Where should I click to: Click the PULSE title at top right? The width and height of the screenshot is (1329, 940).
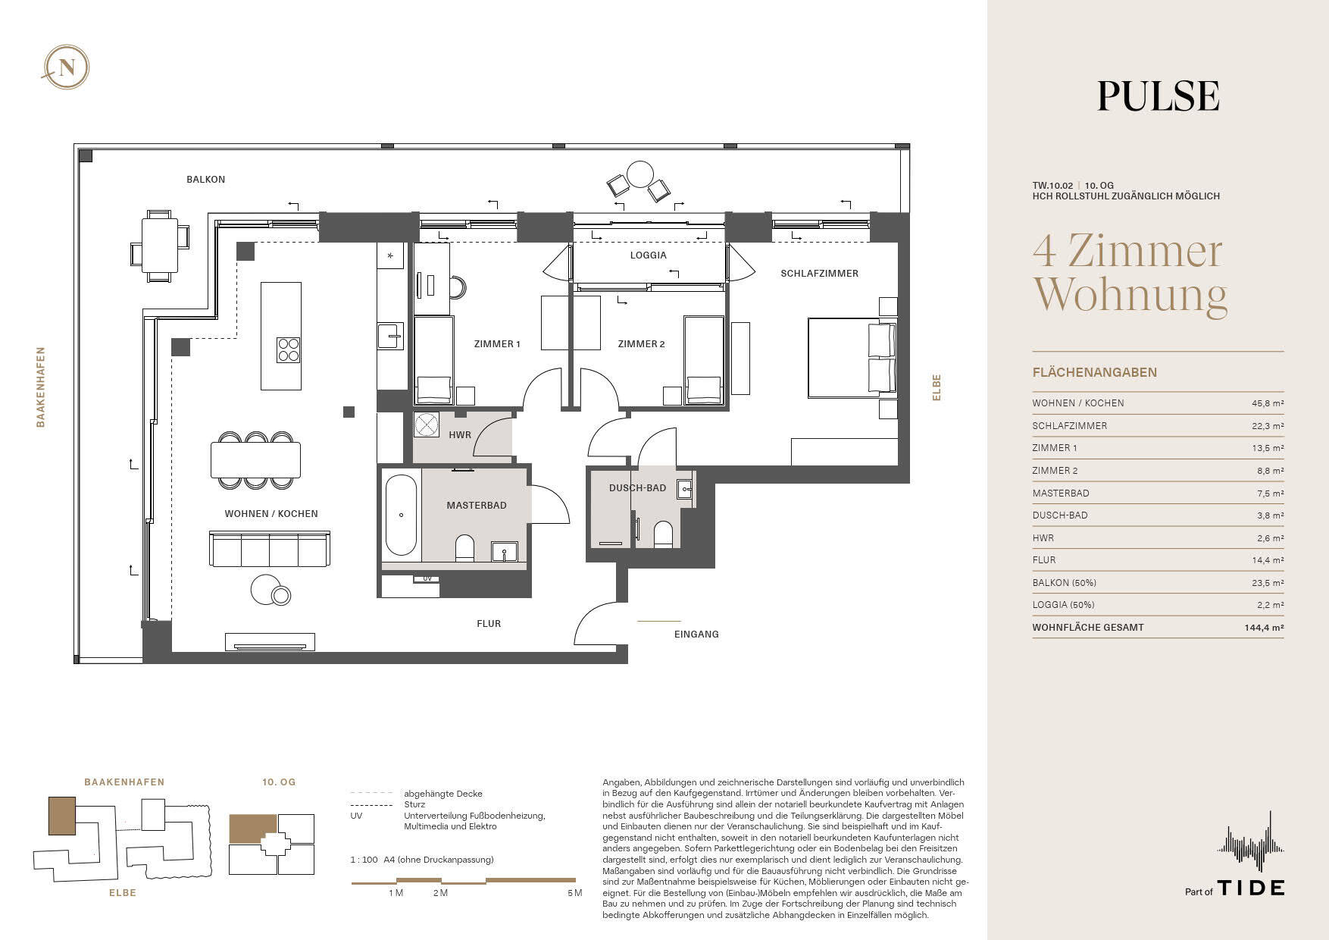tap(1159, 96)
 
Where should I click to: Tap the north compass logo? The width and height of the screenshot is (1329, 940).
tap(67, 67)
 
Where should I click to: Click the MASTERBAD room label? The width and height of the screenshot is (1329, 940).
tap(477, 506)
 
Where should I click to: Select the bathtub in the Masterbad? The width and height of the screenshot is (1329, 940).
tap(401, 515)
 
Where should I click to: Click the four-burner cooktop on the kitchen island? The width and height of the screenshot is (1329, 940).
tap(289, 350)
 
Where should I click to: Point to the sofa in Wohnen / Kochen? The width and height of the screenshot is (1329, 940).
tap(270, 549)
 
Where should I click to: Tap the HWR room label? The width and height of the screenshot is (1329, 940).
tap(460, 435)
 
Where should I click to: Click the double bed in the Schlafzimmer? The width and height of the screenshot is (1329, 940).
tap(852, 357)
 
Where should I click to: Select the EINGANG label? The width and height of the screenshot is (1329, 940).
tap(696, 634)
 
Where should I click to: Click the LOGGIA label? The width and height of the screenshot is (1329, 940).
tap(649, 255)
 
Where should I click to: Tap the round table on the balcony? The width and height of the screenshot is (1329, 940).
tap(640, 174)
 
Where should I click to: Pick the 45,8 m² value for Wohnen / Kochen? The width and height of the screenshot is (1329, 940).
tap(1268, 403)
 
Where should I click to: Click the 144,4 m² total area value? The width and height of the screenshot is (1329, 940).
tap(1264, 628)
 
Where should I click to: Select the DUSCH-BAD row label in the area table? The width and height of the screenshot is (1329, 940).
tap(1060, 515)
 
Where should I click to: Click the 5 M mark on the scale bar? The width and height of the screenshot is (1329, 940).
tap(574, 893)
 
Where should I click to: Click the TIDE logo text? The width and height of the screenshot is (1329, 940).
tap(1251, 888)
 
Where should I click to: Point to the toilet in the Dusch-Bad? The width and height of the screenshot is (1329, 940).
tap(663, 534)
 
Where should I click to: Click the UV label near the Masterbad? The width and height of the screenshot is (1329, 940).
tap(427, 578)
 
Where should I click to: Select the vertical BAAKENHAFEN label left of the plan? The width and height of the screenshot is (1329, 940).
tap(41, 387)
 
